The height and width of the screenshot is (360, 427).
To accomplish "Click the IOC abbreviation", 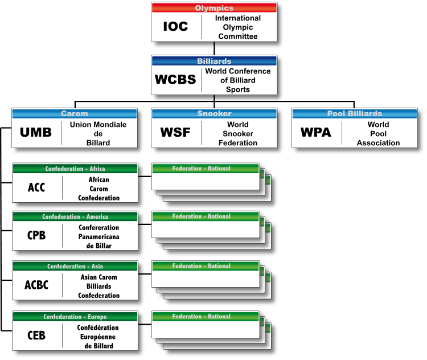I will pos(175,27).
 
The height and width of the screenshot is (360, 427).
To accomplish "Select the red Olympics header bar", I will pos(214,8).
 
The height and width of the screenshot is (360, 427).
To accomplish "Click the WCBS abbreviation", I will pos(175,80).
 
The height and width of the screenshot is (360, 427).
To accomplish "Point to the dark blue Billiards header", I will pos(214,60).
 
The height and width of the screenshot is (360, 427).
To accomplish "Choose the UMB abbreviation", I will pos(36,133).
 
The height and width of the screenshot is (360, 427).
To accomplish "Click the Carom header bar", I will pos(75,113).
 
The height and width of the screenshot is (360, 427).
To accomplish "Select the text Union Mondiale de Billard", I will pos(98,133).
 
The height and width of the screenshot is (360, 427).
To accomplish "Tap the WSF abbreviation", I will pos(175,133).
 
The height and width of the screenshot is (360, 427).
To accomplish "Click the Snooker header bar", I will pos(214,113).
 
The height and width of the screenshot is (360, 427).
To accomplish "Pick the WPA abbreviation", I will pos(316,133).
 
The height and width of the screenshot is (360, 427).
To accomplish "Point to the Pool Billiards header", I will pos(355,113).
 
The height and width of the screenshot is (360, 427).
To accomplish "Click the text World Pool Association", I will pos(378,133).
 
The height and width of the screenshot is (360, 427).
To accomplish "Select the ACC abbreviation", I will pos(36,188).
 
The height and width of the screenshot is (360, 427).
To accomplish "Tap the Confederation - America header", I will pos(75,216).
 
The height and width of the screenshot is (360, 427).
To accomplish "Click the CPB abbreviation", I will pos(36,236).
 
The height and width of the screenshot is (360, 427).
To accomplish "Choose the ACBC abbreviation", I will pos(36,286).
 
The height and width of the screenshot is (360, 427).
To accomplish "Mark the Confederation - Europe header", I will pos(75,317).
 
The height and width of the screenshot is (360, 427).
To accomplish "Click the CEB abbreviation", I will pos(36,336).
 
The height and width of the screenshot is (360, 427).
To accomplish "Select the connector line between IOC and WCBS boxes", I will pos(214,48).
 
